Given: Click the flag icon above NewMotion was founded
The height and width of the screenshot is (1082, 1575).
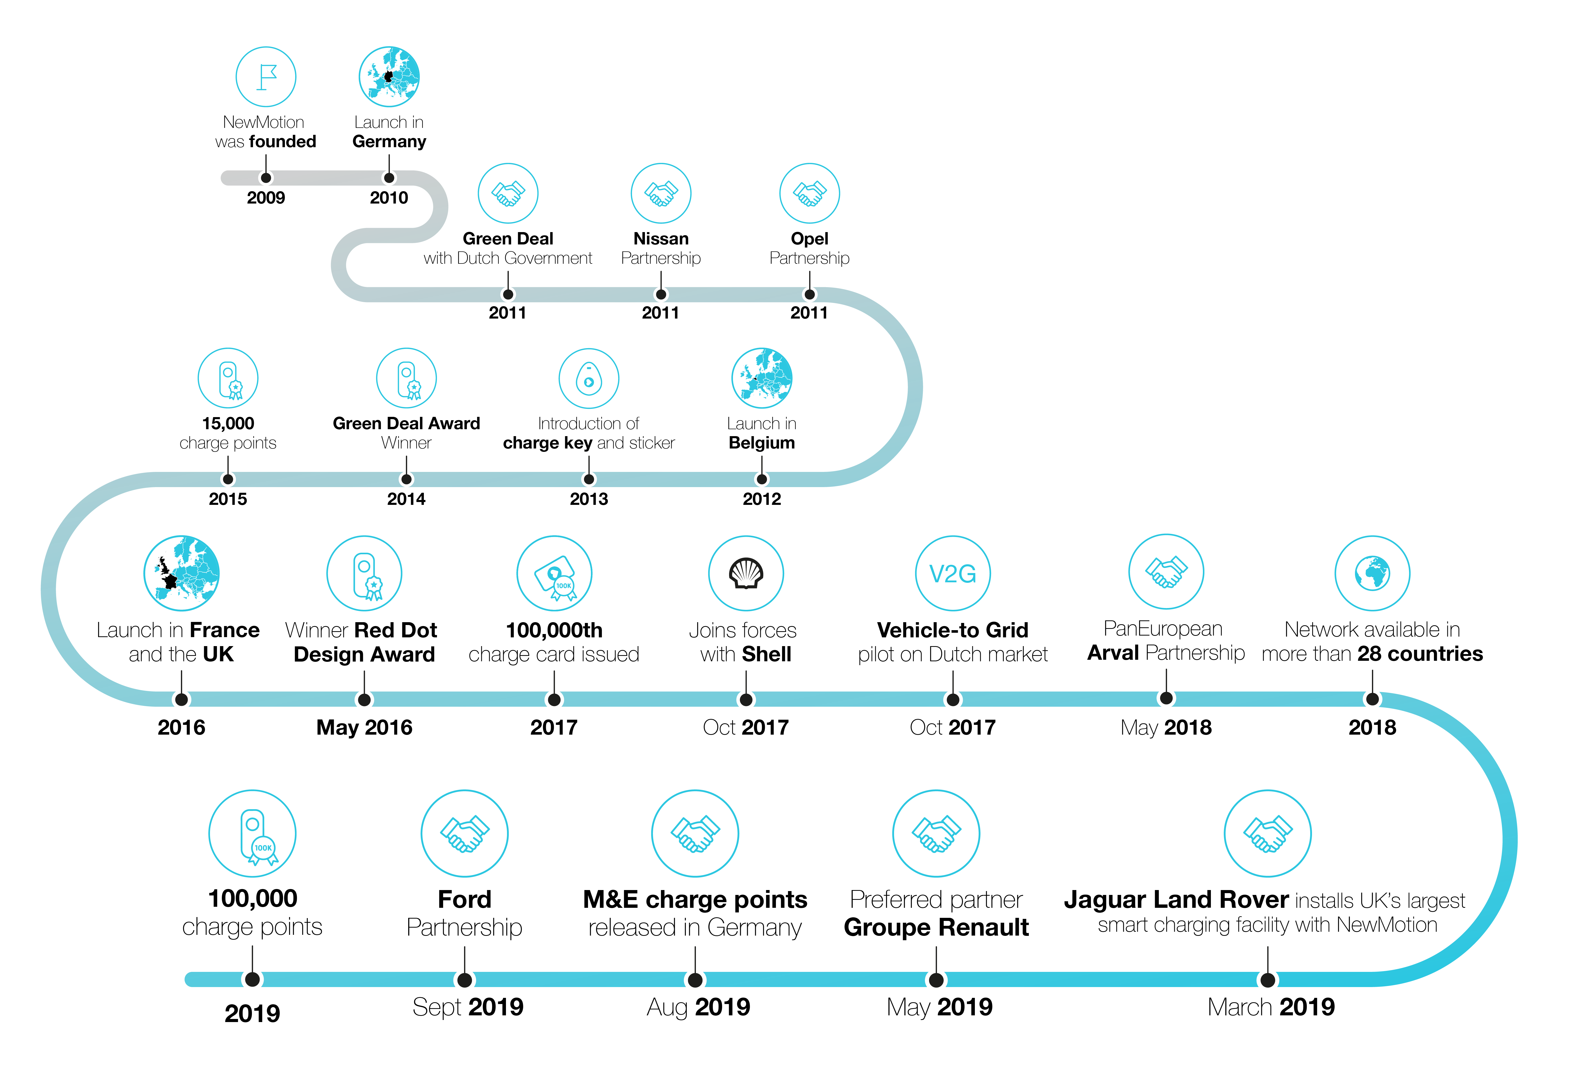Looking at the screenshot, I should [x=266, y=77].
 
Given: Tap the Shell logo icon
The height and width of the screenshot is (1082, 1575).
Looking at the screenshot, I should [x=746, y=574].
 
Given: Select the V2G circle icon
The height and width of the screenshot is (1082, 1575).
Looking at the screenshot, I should [x=953, y=574].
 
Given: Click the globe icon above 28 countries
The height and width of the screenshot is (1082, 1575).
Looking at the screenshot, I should [x=1372, y=574].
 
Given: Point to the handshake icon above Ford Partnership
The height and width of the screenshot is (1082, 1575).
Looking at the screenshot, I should [x=465, y=833].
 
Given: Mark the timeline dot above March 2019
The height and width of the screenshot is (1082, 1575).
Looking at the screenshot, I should [x=1267, y=980].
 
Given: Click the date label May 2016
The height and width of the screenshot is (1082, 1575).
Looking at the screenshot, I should [x=364, y=727].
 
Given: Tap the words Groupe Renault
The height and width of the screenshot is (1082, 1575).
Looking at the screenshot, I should [x=936, y=927].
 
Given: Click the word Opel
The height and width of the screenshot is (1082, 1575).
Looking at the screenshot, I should [x=810, y=239].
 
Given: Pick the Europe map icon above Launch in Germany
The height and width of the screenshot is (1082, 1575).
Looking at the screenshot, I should [x=389, y=77].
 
